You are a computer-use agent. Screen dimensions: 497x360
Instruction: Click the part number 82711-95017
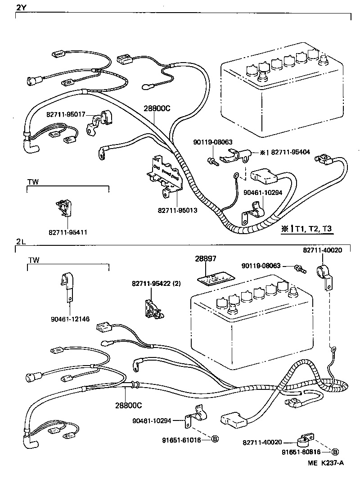(x=66, y=115)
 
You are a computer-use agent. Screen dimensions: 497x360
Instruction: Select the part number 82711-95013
(x=178, y=210)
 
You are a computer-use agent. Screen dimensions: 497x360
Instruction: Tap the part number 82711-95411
(x=68, y=232)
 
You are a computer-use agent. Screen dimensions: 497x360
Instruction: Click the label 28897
(x=206, y=259)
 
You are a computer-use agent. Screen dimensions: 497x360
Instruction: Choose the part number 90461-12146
(x=70, y=319)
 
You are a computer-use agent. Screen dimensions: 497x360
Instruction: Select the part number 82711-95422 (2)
(x=156, y=284)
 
